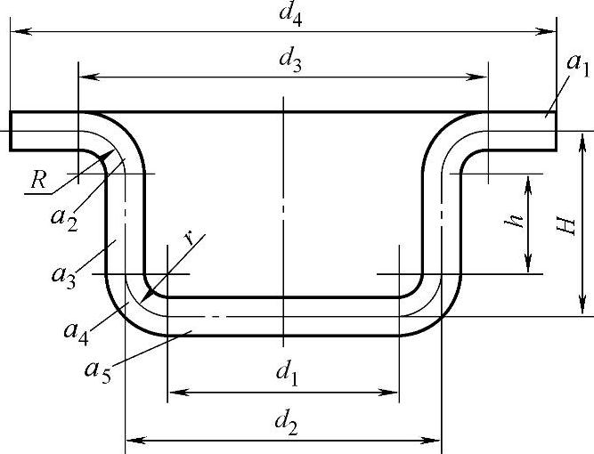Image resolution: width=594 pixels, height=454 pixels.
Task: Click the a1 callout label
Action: (x=578, y=64)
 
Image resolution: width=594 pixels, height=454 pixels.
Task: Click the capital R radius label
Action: (x=37, y=179)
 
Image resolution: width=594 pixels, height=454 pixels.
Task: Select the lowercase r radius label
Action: (x=189, y=238)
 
